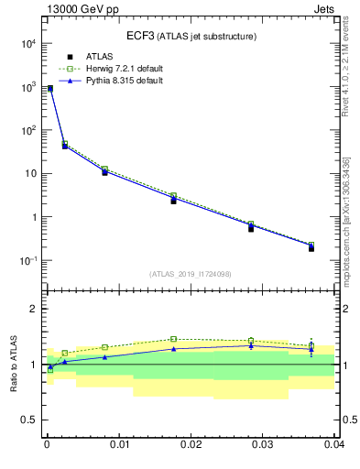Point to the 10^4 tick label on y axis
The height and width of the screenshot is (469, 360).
tap(27, 43)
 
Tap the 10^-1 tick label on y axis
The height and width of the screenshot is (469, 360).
tap(27, 261)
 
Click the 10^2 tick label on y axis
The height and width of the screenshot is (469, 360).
tap(27, 130)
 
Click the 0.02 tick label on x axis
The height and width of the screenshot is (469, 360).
tap(191, 446)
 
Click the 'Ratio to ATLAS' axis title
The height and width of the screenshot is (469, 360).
tap(13, 364)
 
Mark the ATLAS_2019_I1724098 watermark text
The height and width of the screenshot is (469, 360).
tap(191, 274)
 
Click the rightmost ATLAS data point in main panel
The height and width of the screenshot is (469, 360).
tap(311, 248)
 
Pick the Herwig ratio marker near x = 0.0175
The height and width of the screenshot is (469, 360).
tap(173, 339)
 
